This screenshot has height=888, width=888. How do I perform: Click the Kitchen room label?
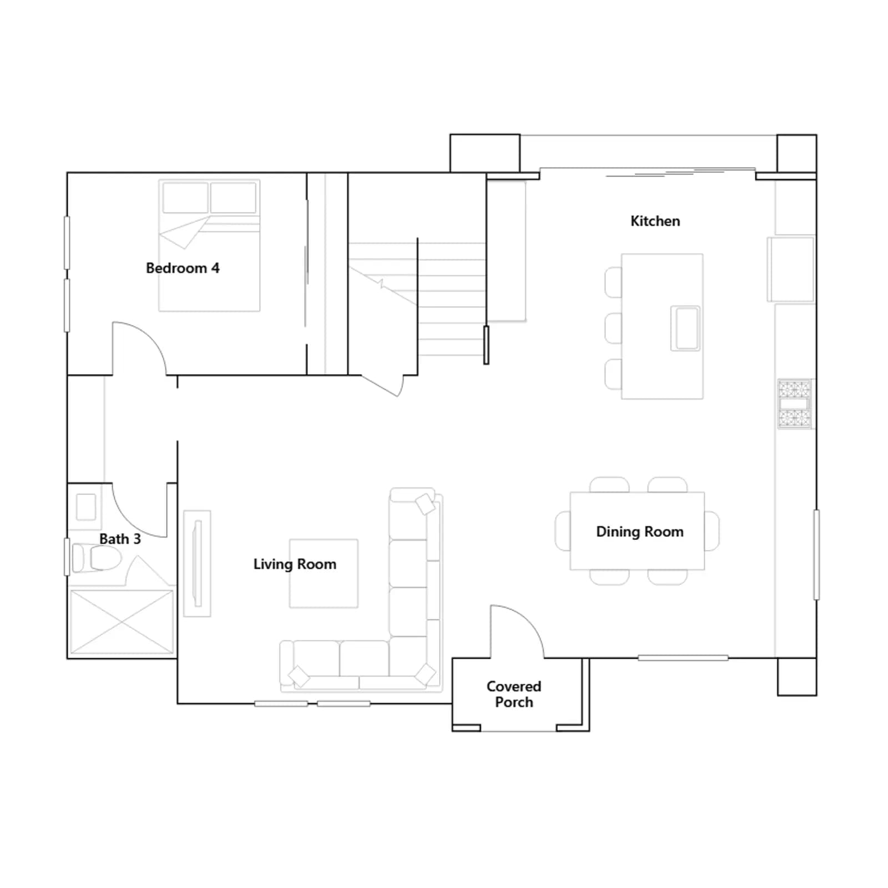[x=655, y=221]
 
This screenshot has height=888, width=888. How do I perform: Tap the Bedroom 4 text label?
[x=183, y=268]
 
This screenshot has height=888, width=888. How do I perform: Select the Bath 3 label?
[x=120, y=539]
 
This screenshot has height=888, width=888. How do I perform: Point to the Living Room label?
[x=295, y=564]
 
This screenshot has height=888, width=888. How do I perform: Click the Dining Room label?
[x=639, y=532]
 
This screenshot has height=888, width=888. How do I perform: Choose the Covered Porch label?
[x=514, y=694]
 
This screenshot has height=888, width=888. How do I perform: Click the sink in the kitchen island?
[x=685, y=328]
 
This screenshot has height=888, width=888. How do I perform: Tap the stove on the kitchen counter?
[x=794, y=404]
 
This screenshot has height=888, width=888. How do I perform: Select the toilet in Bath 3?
[x=97, y=557]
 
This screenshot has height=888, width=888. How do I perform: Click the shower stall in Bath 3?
[x=122, y=622]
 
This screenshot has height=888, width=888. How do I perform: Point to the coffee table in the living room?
[x=324, y=573]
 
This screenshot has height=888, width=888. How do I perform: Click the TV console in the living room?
[x=197, y=563]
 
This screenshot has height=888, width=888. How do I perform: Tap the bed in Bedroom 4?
[x=209, y=245]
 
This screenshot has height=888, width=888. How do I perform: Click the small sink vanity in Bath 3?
[x=86, y=507]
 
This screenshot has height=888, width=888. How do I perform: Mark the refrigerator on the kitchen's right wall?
[x=791, y=270]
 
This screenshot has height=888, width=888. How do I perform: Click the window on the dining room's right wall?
[x=816, y=554]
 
